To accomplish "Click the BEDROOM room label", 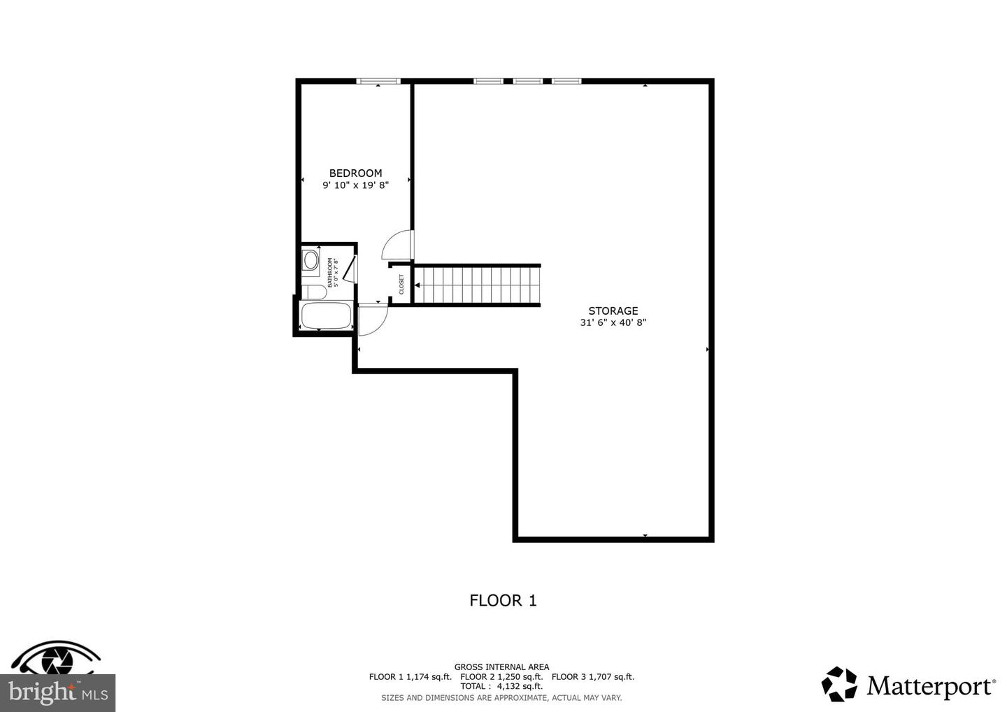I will [x=355, y=173].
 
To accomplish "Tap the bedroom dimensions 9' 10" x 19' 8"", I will [x=355, y=185].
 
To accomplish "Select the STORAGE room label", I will [x=613, y=311].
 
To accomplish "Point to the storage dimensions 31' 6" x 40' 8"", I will [x=613, y=323].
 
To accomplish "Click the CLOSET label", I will [x=401, y=284].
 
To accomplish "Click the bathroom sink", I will [x=310, y=261].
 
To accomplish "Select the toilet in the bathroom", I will [x=314, y=292].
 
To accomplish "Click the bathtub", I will [x=326, y=316].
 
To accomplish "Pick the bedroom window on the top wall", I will [x=378, y=81].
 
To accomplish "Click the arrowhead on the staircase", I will [x=417, y=285].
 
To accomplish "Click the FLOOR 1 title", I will [x=503, y=600].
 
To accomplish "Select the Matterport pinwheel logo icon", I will [x=839, y=684].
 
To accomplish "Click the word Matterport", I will [x=930, y=686].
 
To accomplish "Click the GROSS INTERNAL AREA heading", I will [x=501, y=667].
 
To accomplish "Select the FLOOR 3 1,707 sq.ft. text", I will [x=593, y=676].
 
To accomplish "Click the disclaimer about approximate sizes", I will [x=501, y=697].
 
